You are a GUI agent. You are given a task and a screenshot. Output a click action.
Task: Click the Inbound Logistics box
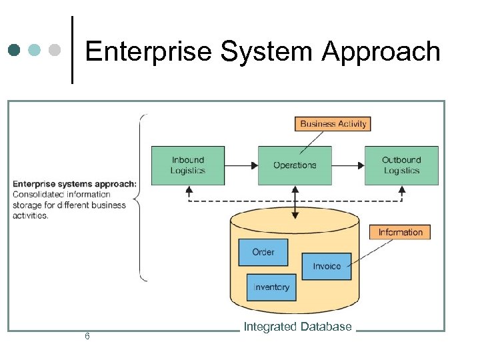pyautogui.click(x=187, y=165)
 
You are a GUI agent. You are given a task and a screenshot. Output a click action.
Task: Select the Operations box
pyautogui.click(x=295, y=165)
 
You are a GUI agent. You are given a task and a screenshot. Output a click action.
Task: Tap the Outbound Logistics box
pyautogui.click(x=401, y=165)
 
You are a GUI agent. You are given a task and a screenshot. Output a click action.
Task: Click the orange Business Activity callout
pyautogui.click(x=333, y=123)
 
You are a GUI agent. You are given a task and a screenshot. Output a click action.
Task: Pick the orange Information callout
pyautogui.click(x=400, y=232)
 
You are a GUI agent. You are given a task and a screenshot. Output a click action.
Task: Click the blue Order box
pyautogui.click(x=263, y=252)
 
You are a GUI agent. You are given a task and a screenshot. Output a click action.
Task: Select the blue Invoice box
pyautogui.click(x=327, y=266)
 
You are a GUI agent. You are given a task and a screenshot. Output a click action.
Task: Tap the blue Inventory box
pyautogui.click(x=271, y=287)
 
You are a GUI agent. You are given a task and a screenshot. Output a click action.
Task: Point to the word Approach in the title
pyautogui.click(x=381, y=51)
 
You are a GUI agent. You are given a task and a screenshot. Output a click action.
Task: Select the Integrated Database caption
pyautogui.click(x=297, y=327)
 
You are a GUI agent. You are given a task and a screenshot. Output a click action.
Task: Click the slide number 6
pyautogui.click(x=87, y=336)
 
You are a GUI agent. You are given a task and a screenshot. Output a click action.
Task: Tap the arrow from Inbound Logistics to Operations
pyautogui.click(x=241, y=165)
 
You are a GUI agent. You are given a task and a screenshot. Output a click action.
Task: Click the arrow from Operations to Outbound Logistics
pyautogui.click(x=348, y=165)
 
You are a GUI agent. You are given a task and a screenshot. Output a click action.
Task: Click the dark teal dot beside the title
pyautogui.click(x=15, y=50)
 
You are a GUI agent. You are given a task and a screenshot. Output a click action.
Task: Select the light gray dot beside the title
pyautogui.click(x=55, y=50)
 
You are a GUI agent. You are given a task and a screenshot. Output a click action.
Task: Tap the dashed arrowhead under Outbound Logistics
pyautogui.click(x=401, y=190)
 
